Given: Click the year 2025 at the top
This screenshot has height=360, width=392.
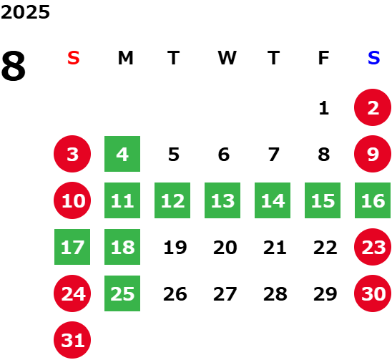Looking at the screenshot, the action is tap(25, 12).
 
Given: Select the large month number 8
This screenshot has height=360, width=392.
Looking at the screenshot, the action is tap(14, 66).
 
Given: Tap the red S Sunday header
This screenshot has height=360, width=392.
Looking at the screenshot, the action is tap(74, 58).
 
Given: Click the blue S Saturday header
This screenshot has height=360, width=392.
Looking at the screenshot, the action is tap(373, 58).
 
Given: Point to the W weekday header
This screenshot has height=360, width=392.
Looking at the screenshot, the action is tap(227, 58).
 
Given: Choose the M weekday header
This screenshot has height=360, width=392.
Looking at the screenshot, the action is tap(125, 58).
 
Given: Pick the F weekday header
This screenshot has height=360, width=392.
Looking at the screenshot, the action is tap(323, 58).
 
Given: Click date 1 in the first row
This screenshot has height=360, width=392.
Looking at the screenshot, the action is tap(324, 108).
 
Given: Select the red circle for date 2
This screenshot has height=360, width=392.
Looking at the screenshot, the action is tap(373, 107).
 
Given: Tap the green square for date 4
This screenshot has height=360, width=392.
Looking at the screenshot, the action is tap(122, 154).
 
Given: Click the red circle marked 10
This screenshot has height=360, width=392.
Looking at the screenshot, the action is tap(72, 200).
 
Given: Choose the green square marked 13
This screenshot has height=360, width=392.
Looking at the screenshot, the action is tap(222, 200).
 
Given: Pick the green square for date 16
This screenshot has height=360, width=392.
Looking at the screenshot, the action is tap(373, 200).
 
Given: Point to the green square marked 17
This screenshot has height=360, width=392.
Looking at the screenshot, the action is tap(72, 247).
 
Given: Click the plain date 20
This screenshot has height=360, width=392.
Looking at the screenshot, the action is tap(225, 248).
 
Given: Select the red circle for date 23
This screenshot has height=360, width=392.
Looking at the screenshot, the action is tap(373, 247).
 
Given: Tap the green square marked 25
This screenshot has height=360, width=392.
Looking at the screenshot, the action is tap(122, 293).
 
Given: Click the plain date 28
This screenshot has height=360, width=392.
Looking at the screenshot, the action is tap(275, 294).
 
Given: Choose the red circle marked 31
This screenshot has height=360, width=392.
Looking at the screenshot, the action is tap(72, 340).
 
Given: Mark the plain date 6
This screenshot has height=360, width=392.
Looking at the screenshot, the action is tap(224, 155).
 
